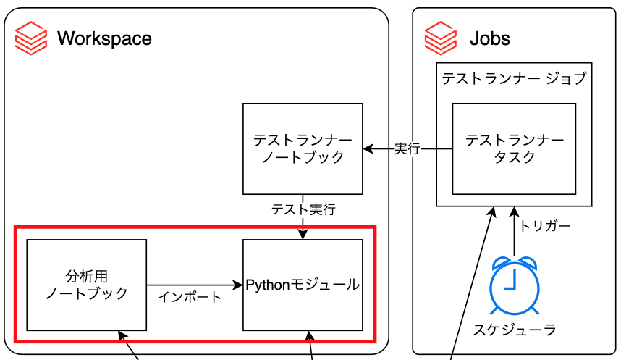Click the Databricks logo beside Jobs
click(441, 38)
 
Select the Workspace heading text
click(104, 38)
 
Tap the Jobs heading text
click(490, 38)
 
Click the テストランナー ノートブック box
click(303, 148)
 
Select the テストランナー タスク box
click(514, 148)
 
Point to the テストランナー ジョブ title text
click(514, 78)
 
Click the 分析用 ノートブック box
click(87, 285)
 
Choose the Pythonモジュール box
click(303, 285)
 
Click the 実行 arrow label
click(407, 149)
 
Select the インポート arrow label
click(190, 296)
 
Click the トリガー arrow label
click(545, 226)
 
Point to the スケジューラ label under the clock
click(515, 330)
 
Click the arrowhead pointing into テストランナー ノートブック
click(368, 149)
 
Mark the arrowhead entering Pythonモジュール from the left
click(237, 285)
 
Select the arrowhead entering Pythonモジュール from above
click(303, 234)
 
